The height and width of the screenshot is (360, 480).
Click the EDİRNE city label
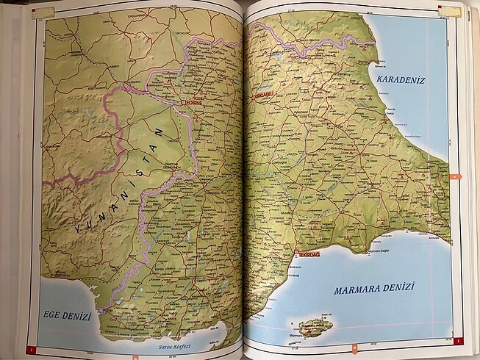pos(193,103)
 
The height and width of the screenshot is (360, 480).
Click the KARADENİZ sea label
pos(401,79)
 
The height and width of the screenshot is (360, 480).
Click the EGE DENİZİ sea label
pos(65,317)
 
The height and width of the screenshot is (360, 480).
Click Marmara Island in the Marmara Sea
pos(315,326)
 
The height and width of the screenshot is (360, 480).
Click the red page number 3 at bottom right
pos(456,340)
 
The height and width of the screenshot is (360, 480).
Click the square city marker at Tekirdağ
pos(295,253)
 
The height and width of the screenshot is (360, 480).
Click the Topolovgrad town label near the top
pos(140,13)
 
